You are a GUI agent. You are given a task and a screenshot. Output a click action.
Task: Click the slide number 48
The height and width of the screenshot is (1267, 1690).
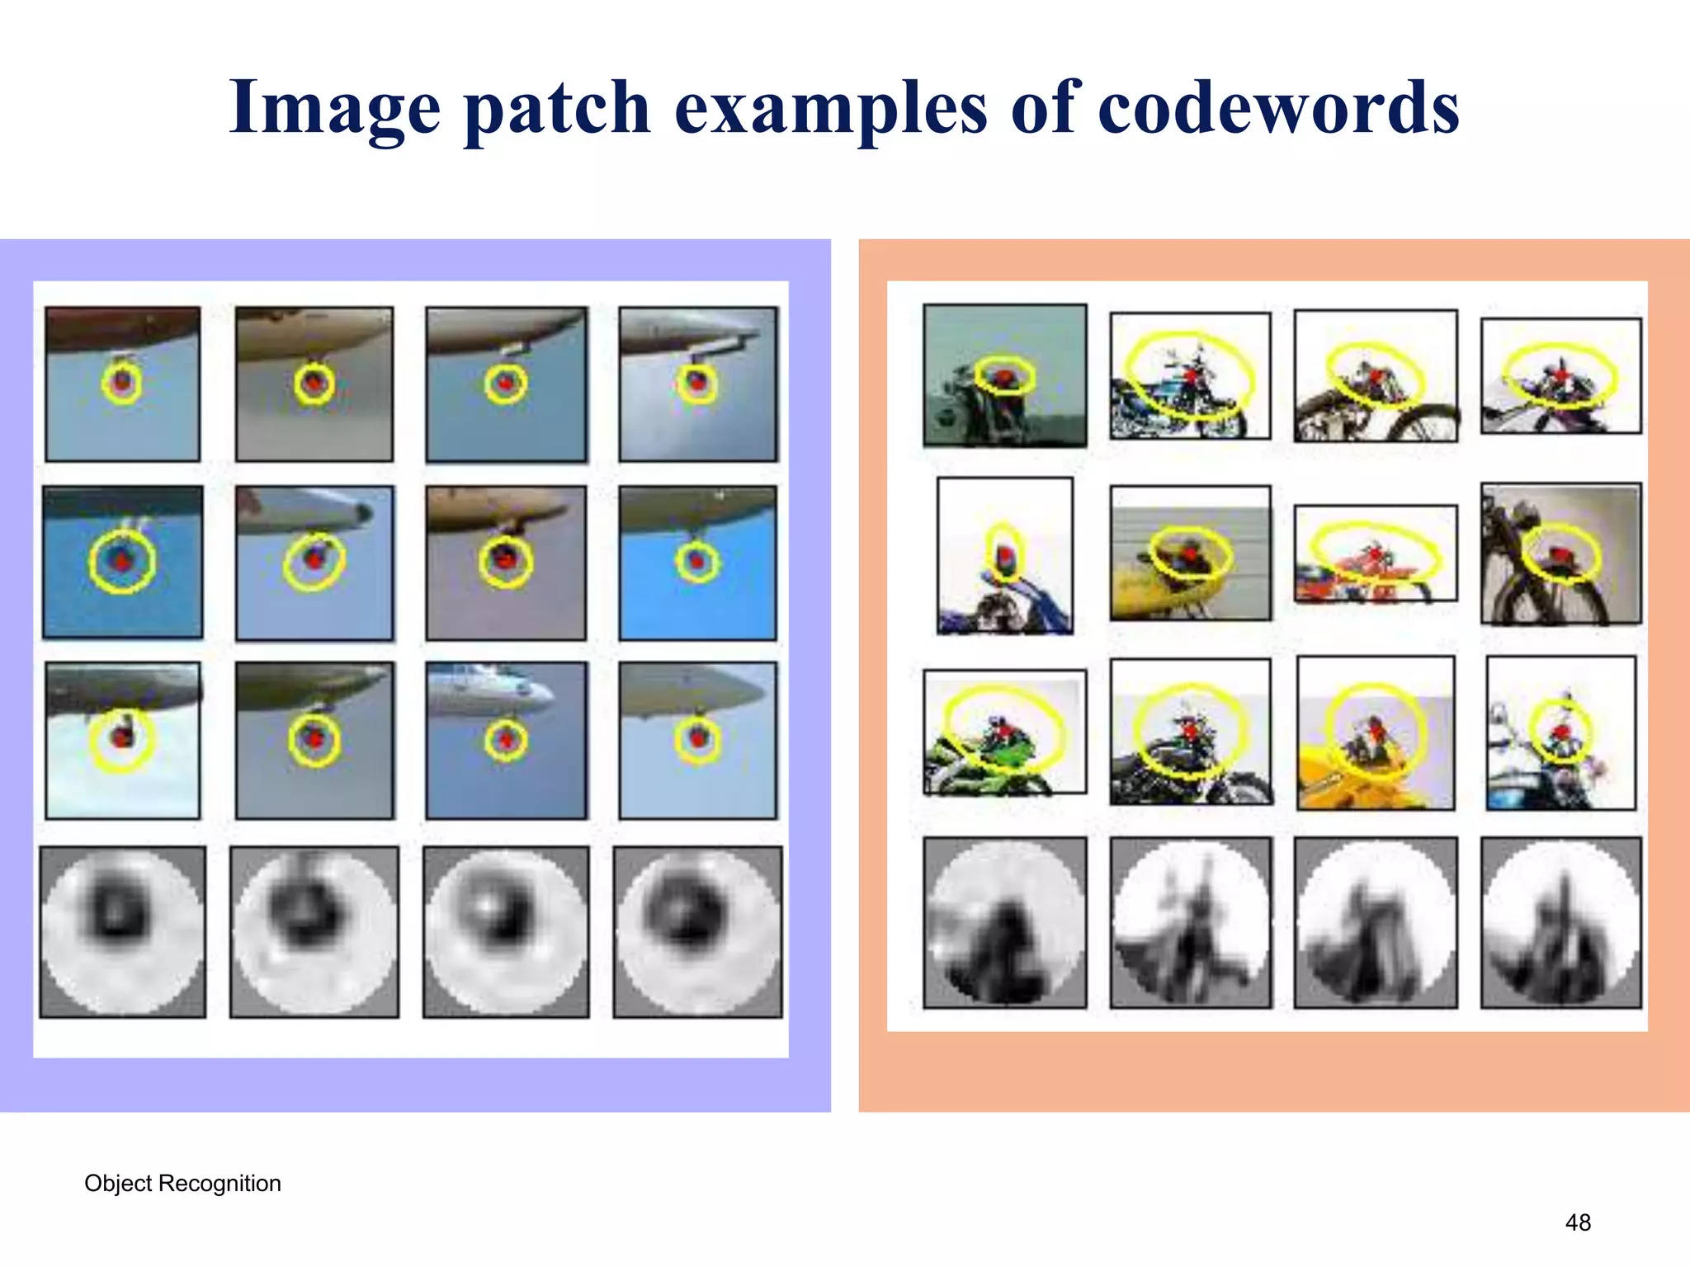1578,1222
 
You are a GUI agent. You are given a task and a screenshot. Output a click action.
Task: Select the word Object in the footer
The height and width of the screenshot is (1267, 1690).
118,1184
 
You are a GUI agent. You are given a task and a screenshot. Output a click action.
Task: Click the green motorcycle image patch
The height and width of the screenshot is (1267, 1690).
1004,732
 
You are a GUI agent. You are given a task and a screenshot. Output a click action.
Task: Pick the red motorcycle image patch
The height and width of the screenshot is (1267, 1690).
1375,553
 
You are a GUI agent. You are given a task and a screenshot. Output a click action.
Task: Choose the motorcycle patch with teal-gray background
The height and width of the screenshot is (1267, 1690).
1004,375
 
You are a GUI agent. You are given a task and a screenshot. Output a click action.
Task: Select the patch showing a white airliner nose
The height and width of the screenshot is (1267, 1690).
506,740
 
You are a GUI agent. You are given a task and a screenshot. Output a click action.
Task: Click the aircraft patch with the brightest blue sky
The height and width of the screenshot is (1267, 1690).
697,563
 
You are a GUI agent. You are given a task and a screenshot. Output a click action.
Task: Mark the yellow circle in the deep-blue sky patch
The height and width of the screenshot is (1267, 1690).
122,561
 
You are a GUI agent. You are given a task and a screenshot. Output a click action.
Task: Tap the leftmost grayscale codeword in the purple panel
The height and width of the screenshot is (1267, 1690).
122,931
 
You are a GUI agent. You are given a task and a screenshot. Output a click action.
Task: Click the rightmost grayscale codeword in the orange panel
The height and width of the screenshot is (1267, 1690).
1560,922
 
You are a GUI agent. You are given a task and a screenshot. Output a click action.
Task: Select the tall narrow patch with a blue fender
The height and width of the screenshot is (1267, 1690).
1004,555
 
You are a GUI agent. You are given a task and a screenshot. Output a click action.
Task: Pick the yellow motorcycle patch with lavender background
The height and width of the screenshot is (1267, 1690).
1375,732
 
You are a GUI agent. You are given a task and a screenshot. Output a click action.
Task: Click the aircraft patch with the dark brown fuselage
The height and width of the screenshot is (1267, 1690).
122,384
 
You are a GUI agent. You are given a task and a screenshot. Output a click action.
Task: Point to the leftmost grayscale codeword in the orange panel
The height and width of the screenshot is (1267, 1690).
1004,922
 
